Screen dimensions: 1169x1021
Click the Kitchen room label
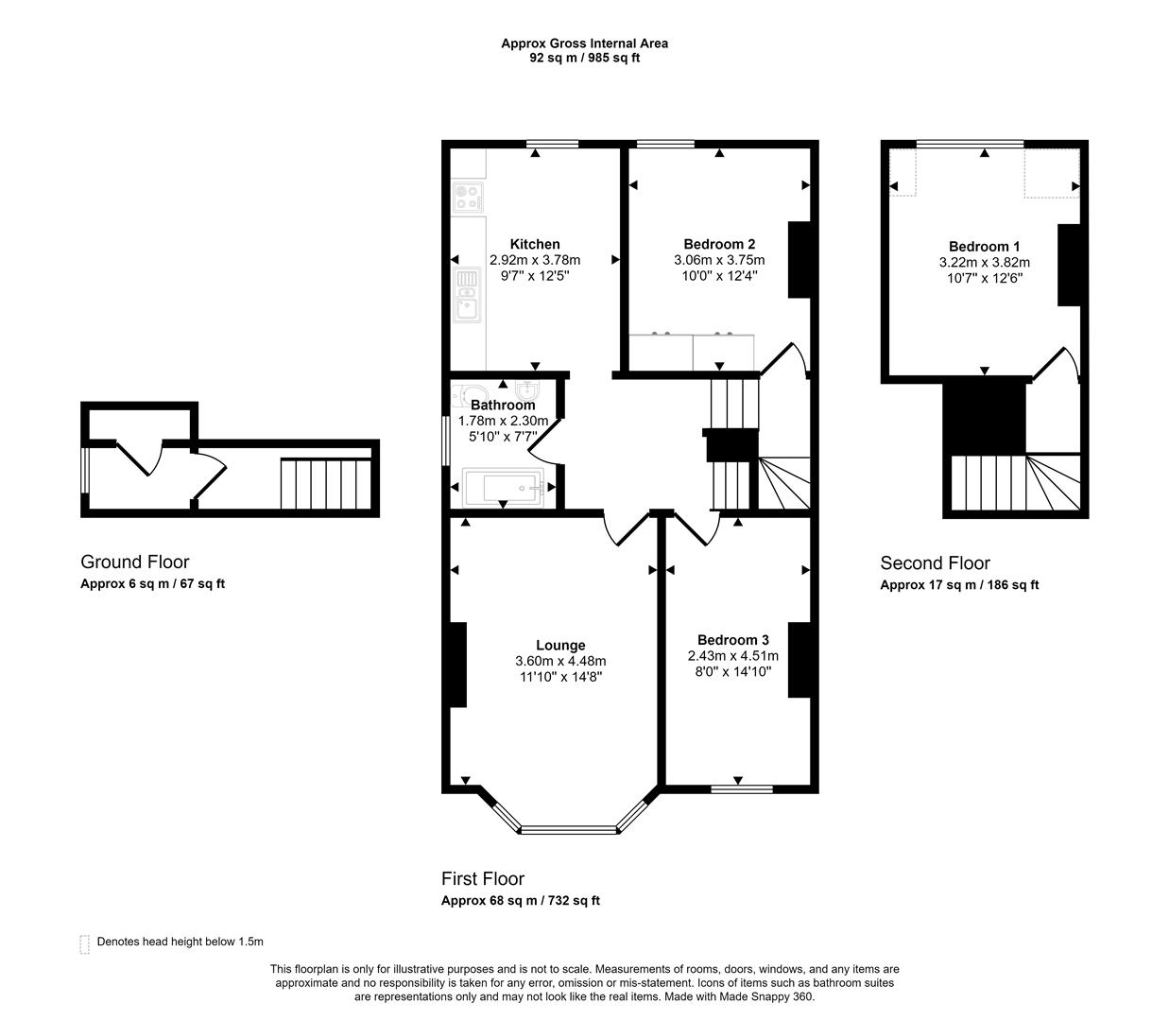pyautogui.click(x=534, y=244)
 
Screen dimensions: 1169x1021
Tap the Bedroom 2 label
pyautogui.click(x=719, y=244)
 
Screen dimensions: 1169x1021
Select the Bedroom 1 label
pyautogui.click(x=984, y=246)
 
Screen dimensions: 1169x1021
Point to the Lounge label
pyautogui.click(x=560, y=645)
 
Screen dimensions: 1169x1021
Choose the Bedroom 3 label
pyautogui.click(x=732, y=640)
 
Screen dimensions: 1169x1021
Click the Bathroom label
pyautogui.click(x=503, y=405)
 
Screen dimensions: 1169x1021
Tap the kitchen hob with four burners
pyautogui.click(x=468, y=197)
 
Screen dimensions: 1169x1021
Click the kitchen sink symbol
pyautogui.click(x=468, y=295)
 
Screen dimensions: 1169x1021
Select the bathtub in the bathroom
pyautogui.click(x=504, y=488)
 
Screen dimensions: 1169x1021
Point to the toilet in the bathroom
pyautogui.click(x=470, y=395)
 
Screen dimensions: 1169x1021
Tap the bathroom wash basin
pyautogui.click(x=525, y=390)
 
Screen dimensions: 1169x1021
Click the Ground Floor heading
pyautogui.click(x=135, y=562)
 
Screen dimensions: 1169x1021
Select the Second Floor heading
pyautogui.click(x=935, y=562)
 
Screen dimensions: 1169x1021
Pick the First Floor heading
pyautogui.click(x=483, y=878)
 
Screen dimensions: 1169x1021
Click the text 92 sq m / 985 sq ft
pyautogui.click(x=584, y=58)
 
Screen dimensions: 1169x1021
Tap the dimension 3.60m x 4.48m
pyautogui.click(x=560, y=661)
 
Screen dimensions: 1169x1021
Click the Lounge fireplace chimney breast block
pyautogui.click(x=458, y=665)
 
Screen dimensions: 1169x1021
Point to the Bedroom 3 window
pyautogui.click(x=742, y=789)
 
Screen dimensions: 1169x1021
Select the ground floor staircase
pyautogui.click(x=326, y=483)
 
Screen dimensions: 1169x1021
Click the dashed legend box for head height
pyautogui.click(x=84, y=944)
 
